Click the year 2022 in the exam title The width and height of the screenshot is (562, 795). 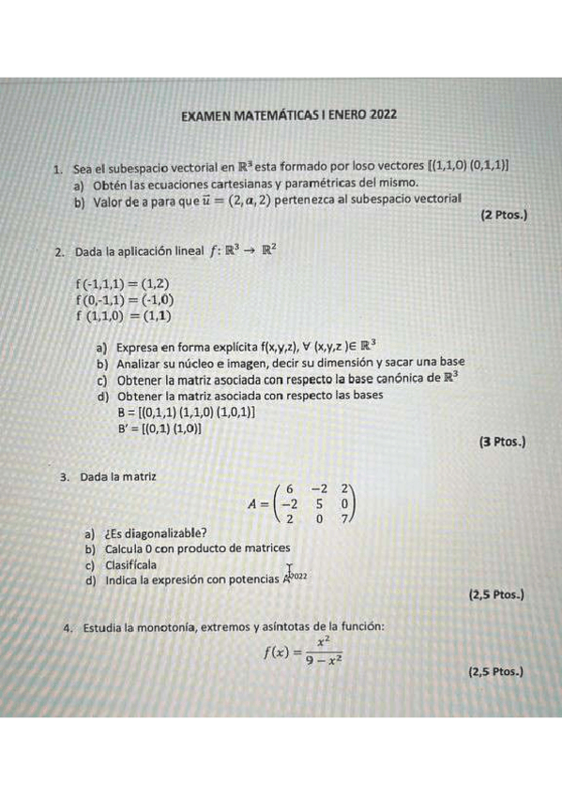[383, 114]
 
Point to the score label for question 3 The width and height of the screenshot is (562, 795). [495, 594]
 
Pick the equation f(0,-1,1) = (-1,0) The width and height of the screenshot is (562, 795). [124, 300]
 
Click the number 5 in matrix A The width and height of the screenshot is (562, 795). [319, 502]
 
